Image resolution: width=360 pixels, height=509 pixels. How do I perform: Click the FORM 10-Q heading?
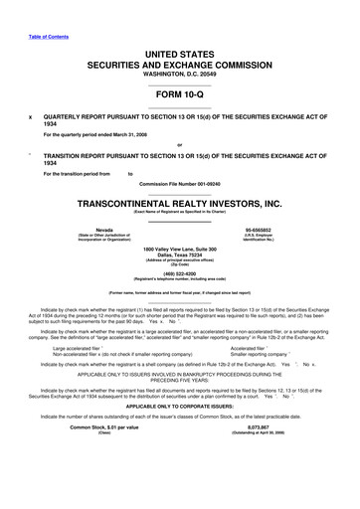coord(179,97)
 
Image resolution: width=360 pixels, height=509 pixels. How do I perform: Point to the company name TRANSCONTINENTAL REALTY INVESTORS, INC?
coord(179,203)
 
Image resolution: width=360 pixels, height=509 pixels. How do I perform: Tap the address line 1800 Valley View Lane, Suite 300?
coord(179,249)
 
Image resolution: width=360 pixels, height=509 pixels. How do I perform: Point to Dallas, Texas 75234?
coord(179,255)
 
